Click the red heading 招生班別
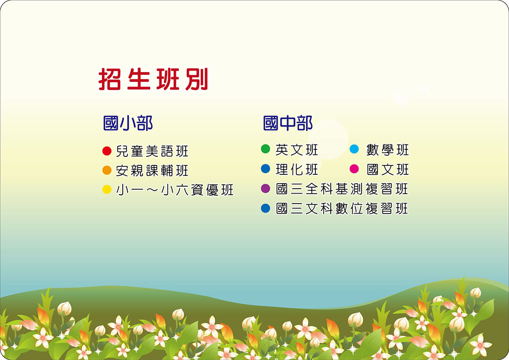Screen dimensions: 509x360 (153, 79)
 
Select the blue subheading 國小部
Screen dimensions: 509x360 (128, 123)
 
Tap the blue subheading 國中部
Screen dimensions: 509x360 (288, 123)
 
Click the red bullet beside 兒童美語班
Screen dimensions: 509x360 (107, 151)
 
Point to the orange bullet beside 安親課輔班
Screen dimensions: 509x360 (107, 170)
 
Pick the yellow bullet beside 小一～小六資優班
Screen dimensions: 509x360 (107, 189)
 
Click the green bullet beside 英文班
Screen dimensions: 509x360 (266, 149)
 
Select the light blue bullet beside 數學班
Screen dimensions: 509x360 (354, 149)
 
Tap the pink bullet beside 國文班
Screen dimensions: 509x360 (354, 169)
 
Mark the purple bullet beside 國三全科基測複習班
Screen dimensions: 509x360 (266, 189)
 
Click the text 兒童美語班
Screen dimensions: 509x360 (152, 151)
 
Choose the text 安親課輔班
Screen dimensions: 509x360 (152, 170)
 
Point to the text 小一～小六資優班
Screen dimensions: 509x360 (175, 190)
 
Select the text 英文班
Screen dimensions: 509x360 (296, 150)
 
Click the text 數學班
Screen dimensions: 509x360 (388, 150)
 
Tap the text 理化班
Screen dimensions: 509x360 (296, 169)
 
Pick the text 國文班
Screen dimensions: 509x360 (388, 169)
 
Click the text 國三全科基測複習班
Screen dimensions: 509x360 (342, 189)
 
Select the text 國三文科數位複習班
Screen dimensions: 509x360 (342, 209)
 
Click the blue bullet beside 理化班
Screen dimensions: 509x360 (266, 169)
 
